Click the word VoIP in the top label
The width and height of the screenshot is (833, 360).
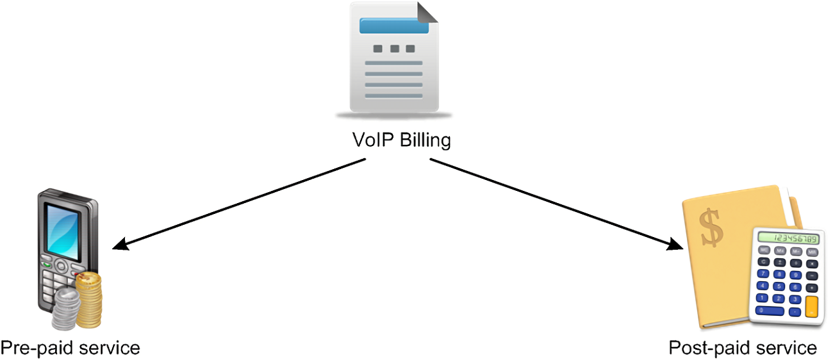372,140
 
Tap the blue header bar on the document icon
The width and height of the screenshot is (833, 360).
393,26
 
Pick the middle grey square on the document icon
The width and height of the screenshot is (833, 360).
393,49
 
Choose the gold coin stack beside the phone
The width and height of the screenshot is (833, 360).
88,299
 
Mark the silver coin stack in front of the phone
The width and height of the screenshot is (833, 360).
66,307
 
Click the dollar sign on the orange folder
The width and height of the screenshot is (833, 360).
711,227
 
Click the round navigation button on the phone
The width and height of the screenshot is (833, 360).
61,265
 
